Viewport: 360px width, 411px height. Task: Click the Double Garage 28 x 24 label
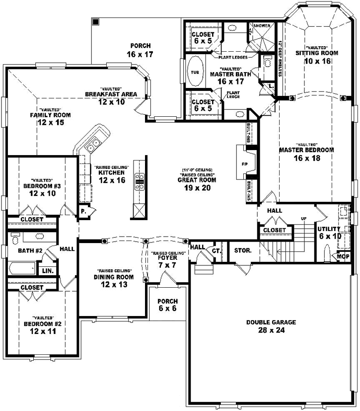(271, 326)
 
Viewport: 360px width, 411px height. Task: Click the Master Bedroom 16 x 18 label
(306, 154)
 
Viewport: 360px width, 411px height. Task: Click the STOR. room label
(243, 250)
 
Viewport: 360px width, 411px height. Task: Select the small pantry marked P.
(83, 210)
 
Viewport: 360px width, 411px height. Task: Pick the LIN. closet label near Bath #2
(48, 271)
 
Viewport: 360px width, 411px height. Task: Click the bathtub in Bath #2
(22, 269)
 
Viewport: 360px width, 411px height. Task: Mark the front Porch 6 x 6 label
(167, 305)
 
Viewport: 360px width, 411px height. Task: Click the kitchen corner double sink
(92, 146)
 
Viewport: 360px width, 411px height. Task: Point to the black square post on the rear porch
(95, 22)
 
